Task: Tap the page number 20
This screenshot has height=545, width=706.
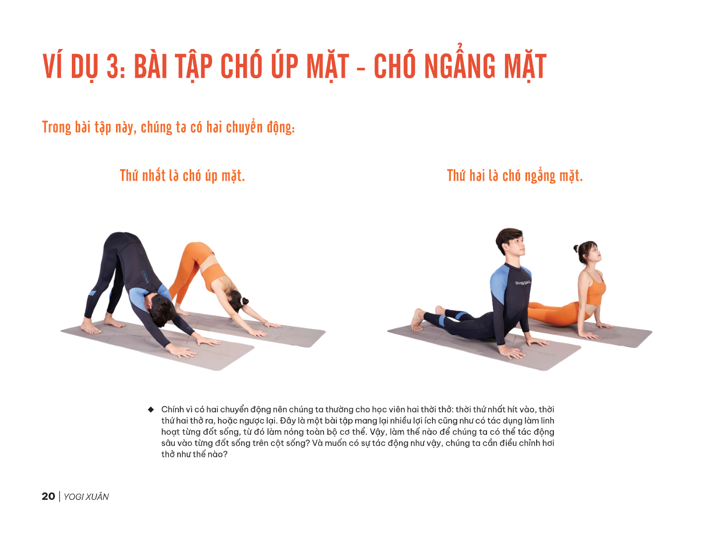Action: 48,496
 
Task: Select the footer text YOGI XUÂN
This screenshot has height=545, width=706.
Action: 86,497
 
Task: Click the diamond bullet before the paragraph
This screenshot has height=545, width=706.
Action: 151,409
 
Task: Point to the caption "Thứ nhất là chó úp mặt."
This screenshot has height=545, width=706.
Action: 182,176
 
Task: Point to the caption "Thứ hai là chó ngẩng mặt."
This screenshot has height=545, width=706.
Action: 515,176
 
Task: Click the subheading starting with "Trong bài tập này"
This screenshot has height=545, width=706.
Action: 168,128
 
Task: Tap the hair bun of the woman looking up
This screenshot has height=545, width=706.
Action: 576,248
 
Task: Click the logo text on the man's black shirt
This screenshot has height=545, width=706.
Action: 523,283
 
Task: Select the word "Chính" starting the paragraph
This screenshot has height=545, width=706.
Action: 172,409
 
